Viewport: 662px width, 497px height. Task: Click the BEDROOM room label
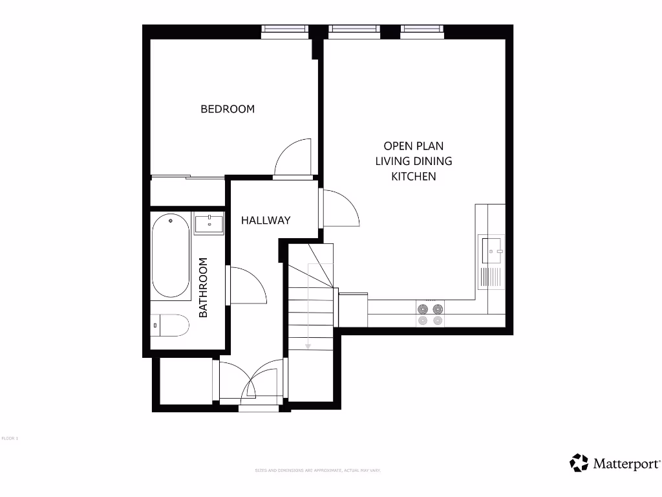pyautogui.click(x=228, y=109)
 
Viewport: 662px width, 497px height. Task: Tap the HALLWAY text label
pyautogui.click(x=266, y=220)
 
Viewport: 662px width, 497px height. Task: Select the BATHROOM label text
pyautogui.click(x=203, y=287)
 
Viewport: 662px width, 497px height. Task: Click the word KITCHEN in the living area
pyautogui.click(x=414, y=176)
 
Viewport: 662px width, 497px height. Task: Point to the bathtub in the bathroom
pyautogui.click(x=171, y=257)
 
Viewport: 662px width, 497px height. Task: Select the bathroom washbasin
pyautogui.click(x=208, y=223)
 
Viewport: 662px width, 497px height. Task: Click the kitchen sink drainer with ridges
pyautogui.click(x=491, y=278)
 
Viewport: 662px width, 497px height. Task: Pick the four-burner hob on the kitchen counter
pyautogui.click(x=431, y=315)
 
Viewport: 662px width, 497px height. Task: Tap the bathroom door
pyautogui.click(x=247, y=285)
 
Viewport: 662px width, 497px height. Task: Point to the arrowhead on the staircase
pyautogui.click(x=308, y=346)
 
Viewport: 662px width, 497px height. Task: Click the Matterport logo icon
pyautogui.click(x=579, y=463)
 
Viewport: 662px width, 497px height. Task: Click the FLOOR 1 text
pyautogui.click(x=10, y=439)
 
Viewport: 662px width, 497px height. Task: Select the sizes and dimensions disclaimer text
pyautogui.click(x=318, y=470)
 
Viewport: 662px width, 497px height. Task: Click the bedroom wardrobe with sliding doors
pyautogui.click(x=187, y=191)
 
